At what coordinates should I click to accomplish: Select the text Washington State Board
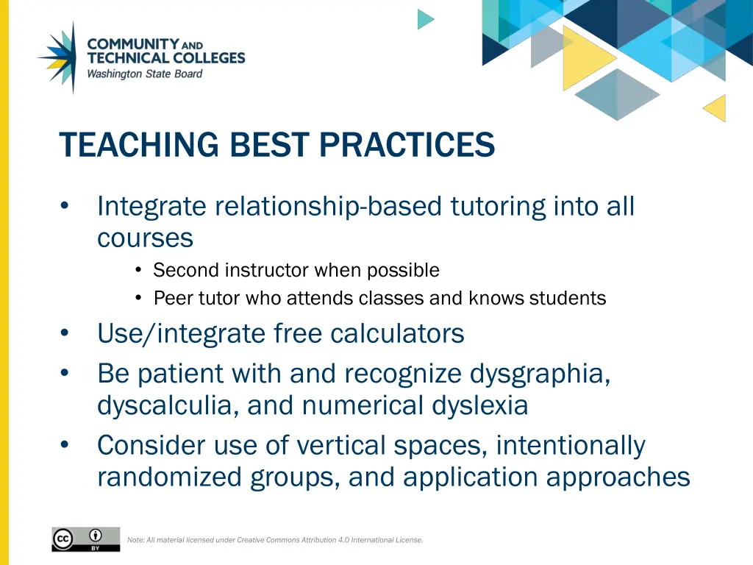144,74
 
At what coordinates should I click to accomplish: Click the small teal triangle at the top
424,19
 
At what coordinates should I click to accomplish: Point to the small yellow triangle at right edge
716,108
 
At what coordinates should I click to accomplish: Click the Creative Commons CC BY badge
85,539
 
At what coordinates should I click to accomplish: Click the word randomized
170,477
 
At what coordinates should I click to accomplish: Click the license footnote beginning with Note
275,540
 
